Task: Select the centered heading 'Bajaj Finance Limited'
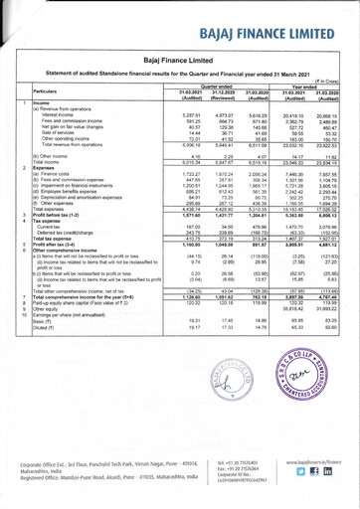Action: [180, 62]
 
